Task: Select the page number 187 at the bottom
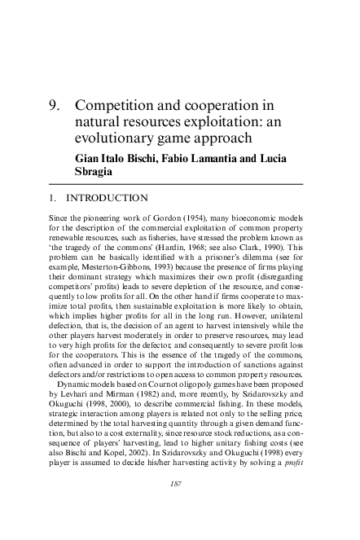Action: click(180, 507)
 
